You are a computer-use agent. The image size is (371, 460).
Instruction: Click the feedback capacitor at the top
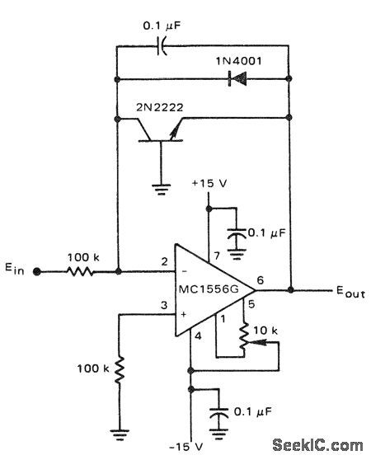click(x=162, y=46)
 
